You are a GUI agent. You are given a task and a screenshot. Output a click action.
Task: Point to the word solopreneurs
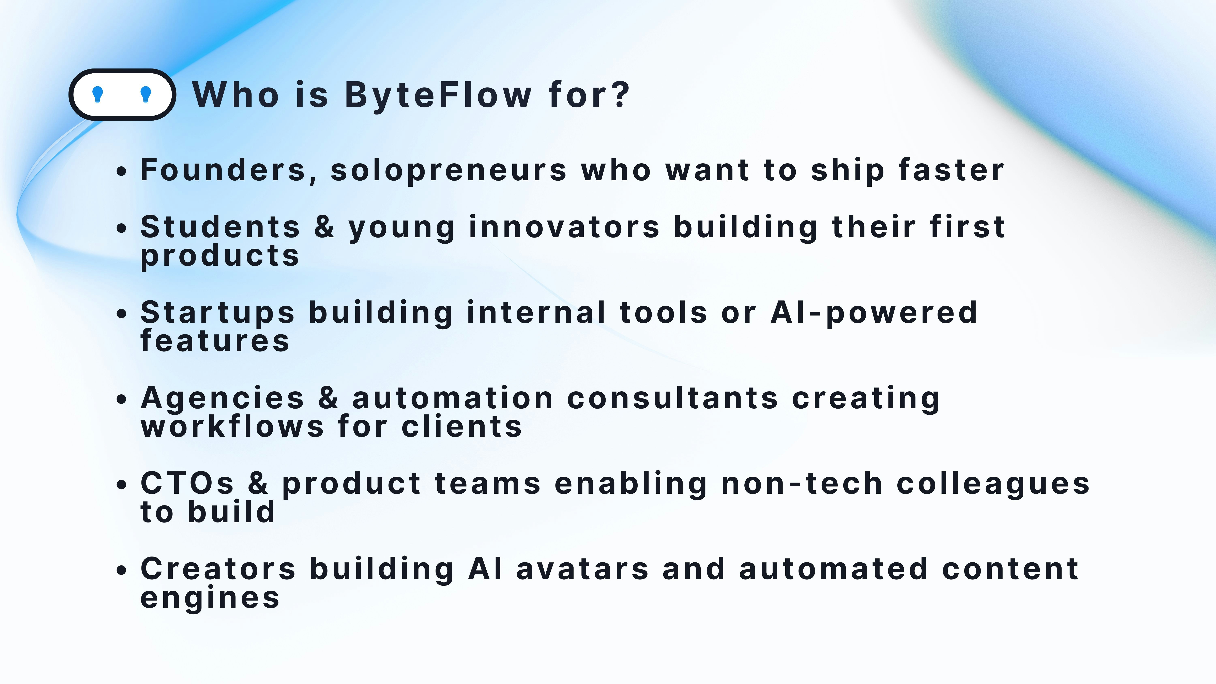tap(449, 171)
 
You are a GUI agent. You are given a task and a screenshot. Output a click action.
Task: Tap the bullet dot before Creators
tap(122, 570)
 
